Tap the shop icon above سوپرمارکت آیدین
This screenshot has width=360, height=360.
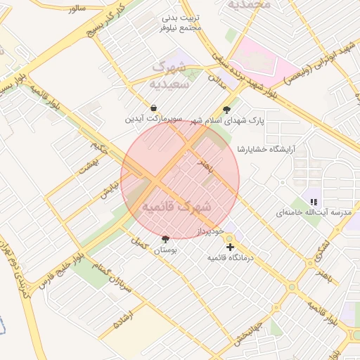pyautogui.click(x=153, y=108)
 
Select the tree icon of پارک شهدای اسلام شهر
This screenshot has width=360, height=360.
pyautogui.click(x=226, y=110)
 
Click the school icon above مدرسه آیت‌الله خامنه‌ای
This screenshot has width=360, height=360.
pyautogui.click(x=314, y=202)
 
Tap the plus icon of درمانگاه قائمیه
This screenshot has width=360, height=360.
pyautogui.click(x=230, y=247)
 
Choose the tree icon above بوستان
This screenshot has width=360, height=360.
pyautogui.click(x=165, y=239)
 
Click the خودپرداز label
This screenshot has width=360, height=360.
pyautogui.click(x=210, y=231)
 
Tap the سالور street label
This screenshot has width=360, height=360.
pyautogui.click(x=75, y=7)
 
